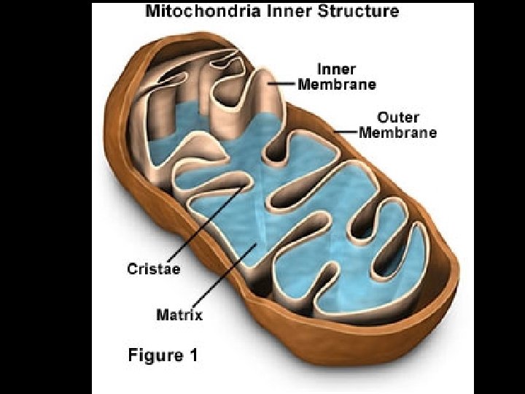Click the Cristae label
pos(154,268)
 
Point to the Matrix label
pos(179,315)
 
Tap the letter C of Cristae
pos(132,268)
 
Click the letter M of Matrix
pos(163,315)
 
